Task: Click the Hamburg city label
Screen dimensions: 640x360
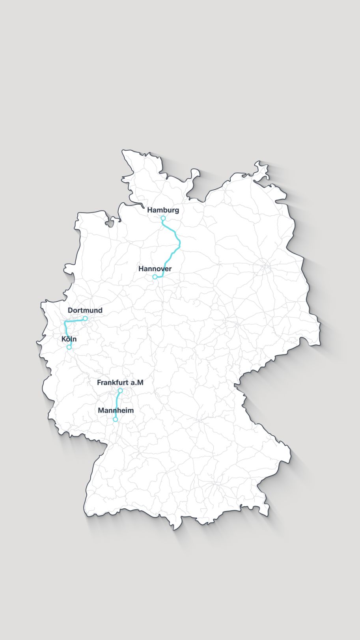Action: click(163, 210)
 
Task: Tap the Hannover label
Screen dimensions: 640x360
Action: click(155, 269)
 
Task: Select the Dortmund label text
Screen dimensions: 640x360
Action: click(85, 310)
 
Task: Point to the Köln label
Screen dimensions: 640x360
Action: click(69, 339)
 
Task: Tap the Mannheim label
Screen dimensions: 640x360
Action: click(116, 410)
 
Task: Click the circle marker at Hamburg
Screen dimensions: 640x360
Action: click(163, 218)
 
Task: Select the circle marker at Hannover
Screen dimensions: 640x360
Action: click(155, 277)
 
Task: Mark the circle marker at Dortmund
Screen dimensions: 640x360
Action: click(85, 318)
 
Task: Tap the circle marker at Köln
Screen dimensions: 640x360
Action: click(69, 347)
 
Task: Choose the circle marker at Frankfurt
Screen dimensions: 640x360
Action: click(120, 390)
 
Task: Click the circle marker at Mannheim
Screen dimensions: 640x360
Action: click(115, 419)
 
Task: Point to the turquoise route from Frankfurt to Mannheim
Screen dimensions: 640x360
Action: click(117, 404)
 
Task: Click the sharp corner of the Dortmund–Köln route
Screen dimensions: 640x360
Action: click(65, 322)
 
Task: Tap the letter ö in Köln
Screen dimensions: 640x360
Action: click(68, 339)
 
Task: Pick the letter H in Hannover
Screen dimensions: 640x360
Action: click(141, 269)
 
